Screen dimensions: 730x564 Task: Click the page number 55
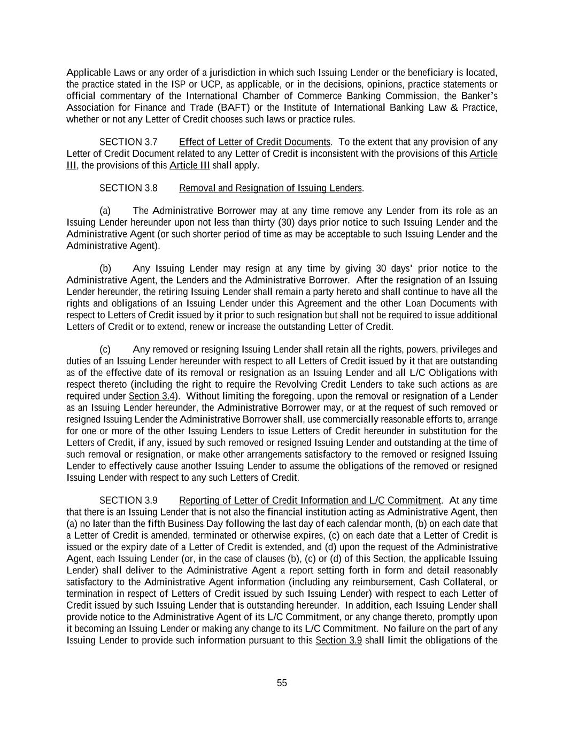[x=282, y=683]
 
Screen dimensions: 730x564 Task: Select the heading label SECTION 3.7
[x=128, y=142]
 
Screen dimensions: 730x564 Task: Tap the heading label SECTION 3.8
[x=128, y=188]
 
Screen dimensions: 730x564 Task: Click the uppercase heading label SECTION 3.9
[x=128, y=501]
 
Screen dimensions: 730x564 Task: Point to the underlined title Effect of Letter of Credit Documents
[x=254, y=142]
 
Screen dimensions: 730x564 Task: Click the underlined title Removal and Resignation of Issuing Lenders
[x=271, y=188]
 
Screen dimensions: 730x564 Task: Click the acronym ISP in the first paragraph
[x=178, y=84]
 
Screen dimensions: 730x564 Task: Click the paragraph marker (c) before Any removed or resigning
[x=105, y=350]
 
